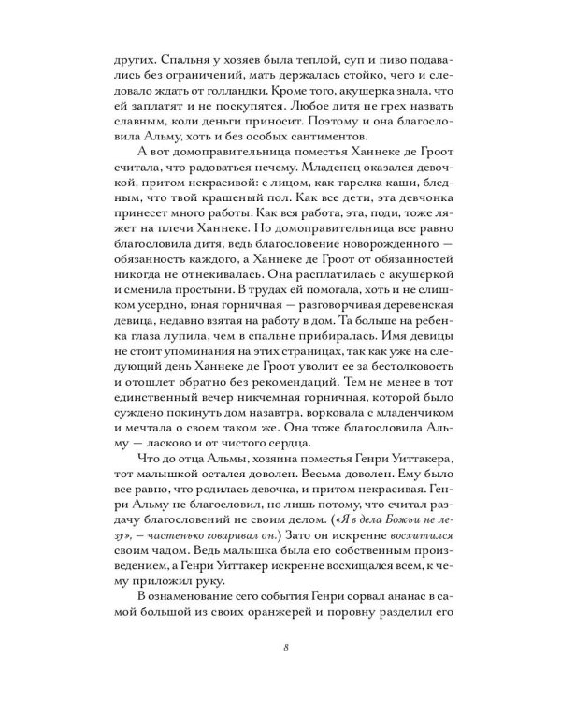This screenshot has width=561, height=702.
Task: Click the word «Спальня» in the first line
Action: (181, 55)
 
